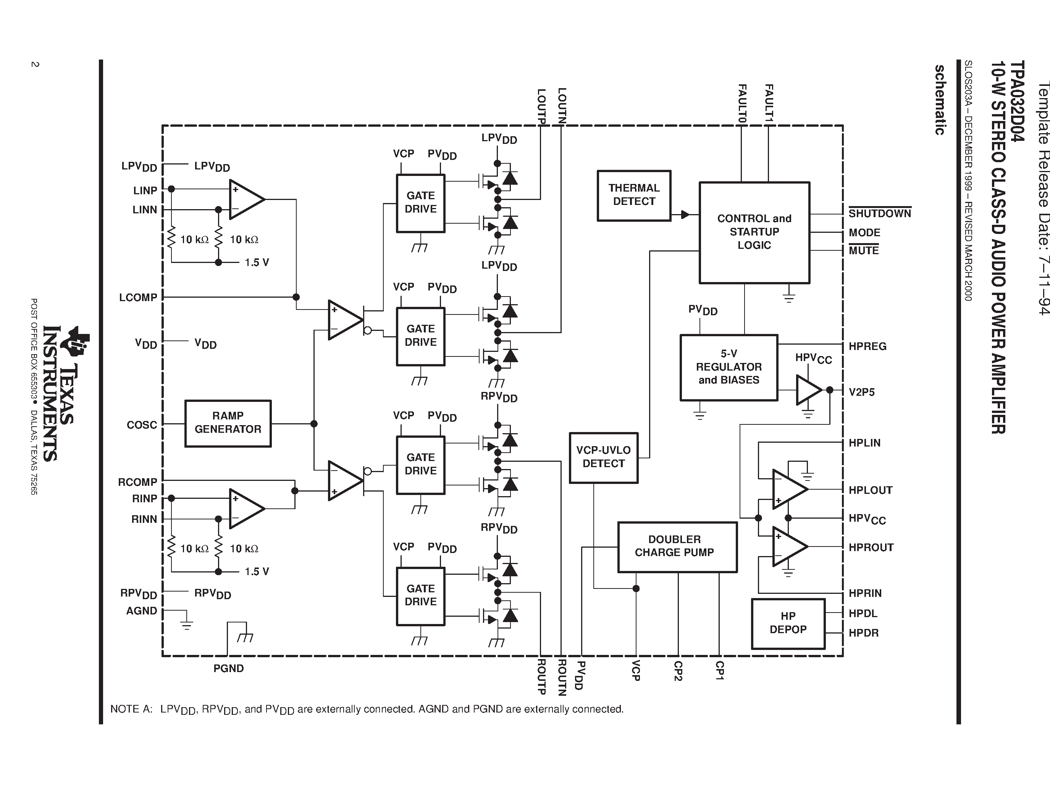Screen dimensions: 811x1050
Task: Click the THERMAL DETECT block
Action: pos(634,195)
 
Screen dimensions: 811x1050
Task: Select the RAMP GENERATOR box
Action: pos(228,423)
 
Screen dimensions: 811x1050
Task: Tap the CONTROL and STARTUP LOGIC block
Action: pos(754,232)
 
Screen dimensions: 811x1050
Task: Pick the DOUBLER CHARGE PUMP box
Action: pos(677,547)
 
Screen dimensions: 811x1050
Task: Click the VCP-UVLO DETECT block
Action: pos(603,457)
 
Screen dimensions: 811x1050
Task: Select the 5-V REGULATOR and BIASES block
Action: pos(729,367)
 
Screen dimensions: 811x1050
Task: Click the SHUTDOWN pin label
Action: pos(879,213)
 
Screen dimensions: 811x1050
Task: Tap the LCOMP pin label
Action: pos(138,297)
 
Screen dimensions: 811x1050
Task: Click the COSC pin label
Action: pos(142,425)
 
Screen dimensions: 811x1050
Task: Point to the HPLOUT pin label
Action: pos(870,490)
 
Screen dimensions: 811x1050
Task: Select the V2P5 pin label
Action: pos(861,392)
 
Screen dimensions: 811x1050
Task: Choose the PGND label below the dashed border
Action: pos(228,668)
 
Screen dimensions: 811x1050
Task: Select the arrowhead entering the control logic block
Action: pos(685,215)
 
